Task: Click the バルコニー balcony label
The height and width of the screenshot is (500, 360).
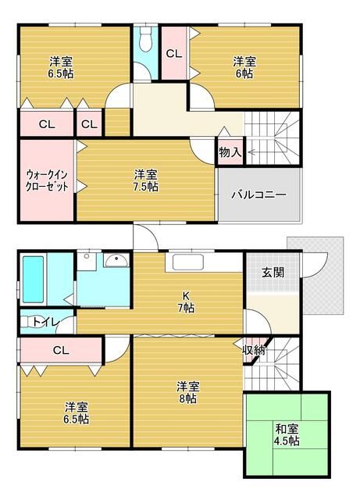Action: tap(258, 195)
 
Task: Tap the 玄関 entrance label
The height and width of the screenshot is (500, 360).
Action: tap(273, 273)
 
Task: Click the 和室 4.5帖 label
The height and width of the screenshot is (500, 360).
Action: tap(287, 435)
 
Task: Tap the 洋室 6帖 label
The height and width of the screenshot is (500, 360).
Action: tap(244, 67)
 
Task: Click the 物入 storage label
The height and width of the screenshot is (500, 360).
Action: tap(230, 152)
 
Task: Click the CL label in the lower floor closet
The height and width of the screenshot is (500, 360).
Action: tap(60, 350)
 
